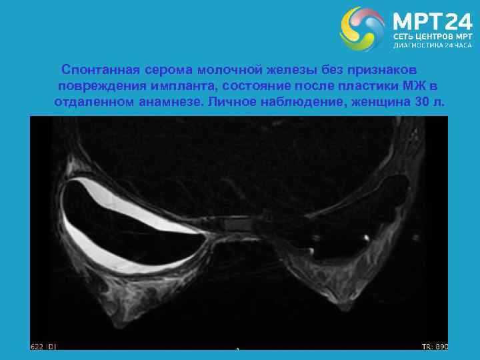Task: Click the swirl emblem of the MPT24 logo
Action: (x=362, y=29)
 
